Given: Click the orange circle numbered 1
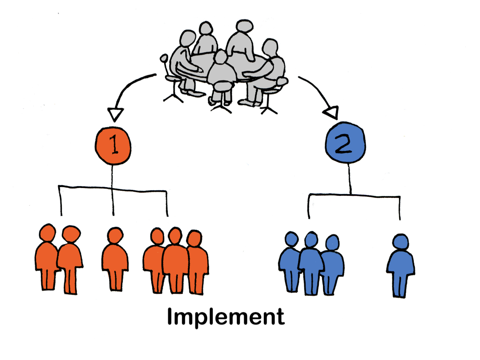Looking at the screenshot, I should [x=112, y=146].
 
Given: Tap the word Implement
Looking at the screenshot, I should [x=225, y=317].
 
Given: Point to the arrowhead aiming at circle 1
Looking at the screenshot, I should [x=114, y=114].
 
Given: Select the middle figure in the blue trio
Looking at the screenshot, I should [x=311, y=262].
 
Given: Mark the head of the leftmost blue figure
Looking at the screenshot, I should [x=292, y=240].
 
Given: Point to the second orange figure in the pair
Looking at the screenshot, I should [x=70, y=260].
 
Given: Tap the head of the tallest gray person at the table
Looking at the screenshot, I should [x=244, y=27].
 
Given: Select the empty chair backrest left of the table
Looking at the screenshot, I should [x=164, y=60].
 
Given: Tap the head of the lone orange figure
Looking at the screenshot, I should [x=114, y=235].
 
